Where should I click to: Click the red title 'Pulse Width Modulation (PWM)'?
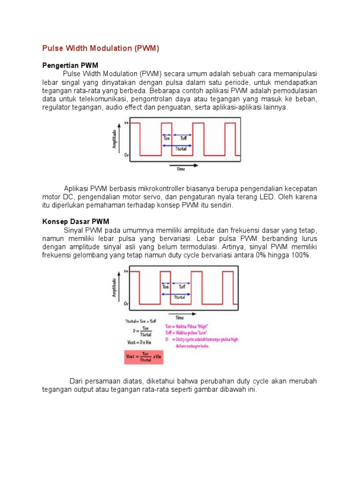coord(101,48)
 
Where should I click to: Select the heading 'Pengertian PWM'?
coord(70,65)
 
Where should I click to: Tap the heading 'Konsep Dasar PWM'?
coord(75,221)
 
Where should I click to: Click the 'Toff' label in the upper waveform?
coord(183,138)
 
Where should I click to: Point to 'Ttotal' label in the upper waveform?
coord(180,149)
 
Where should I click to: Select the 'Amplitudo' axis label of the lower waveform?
coord(114,287)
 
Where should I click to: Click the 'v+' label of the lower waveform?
coord(126,271)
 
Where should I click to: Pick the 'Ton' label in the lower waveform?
coord(165,286)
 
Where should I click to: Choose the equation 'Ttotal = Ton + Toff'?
coord(141,321)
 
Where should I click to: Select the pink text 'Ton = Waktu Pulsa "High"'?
coord(186,326)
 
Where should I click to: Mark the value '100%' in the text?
coord(300,255)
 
